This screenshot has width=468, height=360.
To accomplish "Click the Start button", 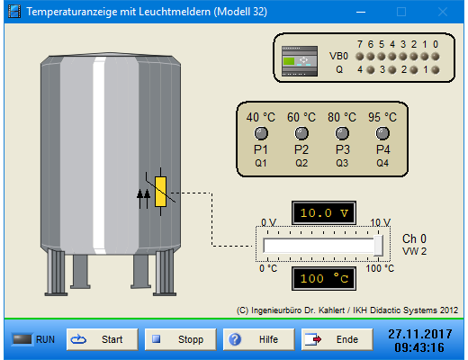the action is tap(103, 339).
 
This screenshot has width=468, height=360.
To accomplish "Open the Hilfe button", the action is tap(258, 339).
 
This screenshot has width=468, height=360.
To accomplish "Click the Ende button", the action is tap(337, 339).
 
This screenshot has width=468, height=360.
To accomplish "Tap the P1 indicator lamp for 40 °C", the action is tap(261, 133).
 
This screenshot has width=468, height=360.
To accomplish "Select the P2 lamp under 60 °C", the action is tap(301, 133).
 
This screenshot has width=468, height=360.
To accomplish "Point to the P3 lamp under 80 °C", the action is tap(342, 133).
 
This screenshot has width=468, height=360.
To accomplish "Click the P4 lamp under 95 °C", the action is tap(382, 133).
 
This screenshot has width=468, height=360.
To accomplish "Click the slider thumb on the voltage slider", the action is tap(378, 246).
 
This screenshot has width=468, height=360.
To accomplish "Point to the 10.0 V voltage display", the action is tap(324, 213).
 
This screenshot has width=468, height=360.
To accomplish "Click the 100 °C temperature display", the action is tap(324, 279).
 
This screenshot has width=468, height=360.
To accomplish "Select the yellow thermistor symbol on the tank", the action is tap(160, 192).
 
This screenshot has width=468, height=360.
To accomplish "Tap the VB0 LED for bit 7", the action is tap(360, 56).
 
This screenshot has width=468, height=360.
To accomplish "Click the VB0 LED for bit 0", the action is tap(436, 56).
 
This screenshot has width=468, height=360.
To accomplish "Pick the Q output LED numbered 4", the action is tap(371, 70).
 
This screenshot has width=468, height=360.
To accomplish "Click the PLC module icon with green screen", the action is tap(300, 61).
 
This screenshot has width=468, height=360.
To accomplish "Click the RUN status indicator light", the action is tap(22, 339).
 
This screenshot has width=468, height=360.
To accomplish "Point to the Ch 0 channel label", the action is tap(414, 238).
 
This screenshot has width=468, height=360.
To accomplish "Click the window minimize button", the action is tap(361, 12).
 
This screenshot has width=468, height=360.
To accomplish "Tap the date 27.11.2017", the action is tap(420, 334).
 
